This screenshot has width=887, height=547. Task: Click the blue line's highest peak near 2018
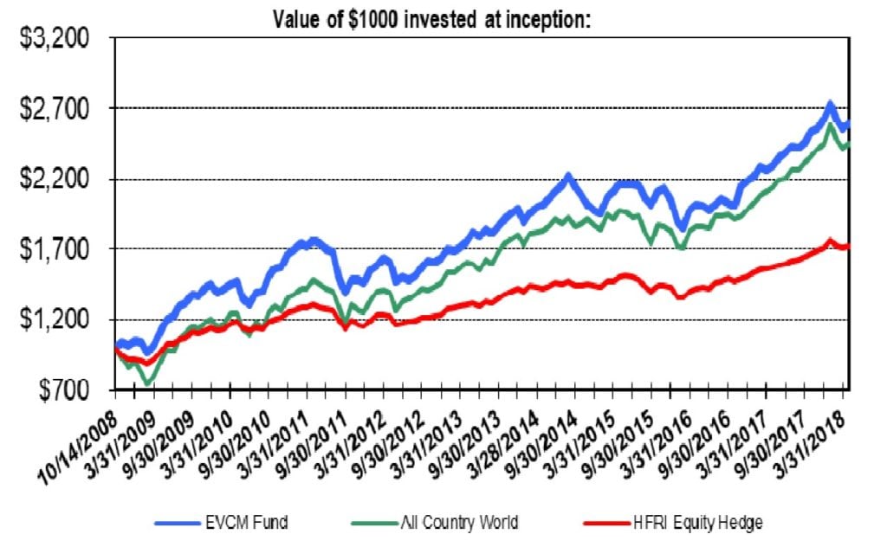tap(830, 104)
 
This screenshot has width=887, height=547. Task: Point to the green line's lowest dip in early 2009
tap(147, 383)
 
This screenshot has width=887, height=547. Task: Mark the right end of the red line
tap(848, 246)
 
